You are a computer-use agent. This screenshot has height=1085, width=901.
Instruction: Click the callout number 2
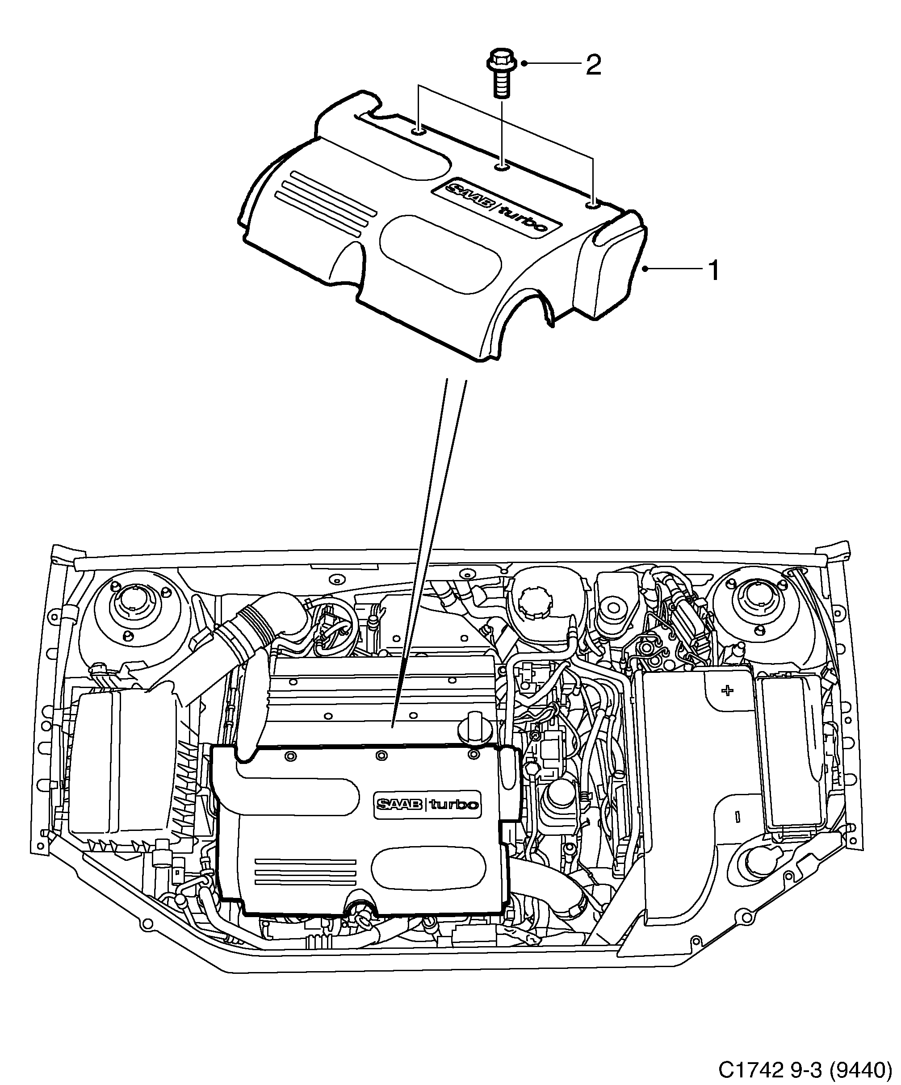[593, 66]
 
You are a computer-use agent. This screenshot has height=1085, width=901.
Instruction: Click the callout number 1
[713, 271]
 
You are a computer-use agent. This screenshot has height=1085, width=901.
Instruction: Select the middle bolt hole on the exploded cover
[501, 167]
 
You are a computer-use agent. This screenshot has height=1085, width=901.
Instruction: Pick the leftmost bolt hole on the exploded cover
[418, 132]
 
